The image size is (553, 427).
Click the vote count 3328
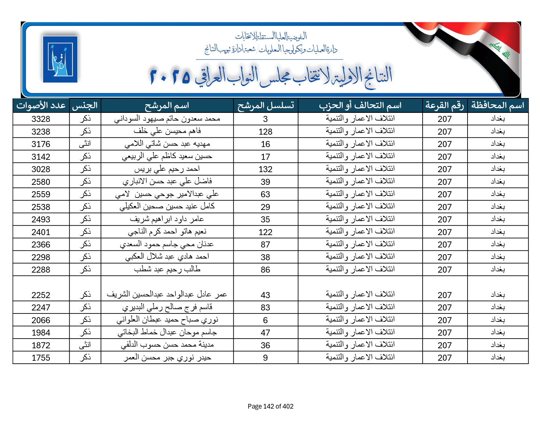(x=41, y=119)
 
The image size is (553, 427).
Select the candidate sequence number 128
(x=265, y=132)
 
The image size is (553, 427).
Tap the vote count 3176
(x=41, y=144)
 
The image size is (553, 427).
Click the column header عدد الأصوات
(x=41, y=105)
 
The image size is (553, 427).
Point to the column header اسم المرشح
(x=167, y=105)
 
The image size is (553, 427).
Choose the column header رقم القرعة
(x=444, y=105)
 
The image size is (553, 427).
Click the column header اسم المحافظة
(x=498, y=105)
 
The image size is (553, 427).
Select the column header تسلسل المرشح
(x=265, y=105)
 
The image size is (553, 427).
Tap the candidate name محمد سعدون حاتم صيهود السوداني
(x=167, y=119)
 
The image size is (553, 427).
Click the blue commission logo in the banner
(x=60, y=59)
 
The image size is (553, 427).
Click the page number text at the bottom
(x=270, y=406)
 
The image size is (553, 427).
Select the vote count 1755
(x=41, y=358)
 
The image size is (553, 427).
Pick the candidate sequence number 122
(x=265, y=232)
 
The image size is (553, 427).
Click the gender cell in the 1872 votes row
(x=85, y=345)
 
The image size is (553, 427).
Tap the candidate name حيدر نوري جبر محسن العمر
(x=167, y=358)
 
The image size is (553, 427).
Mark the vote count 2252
(x=41, y=295)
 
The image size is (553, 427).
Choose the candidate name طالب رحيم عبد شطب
(x=167, y=270)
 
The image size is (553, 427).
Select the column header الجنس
(x=85, y=105)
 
